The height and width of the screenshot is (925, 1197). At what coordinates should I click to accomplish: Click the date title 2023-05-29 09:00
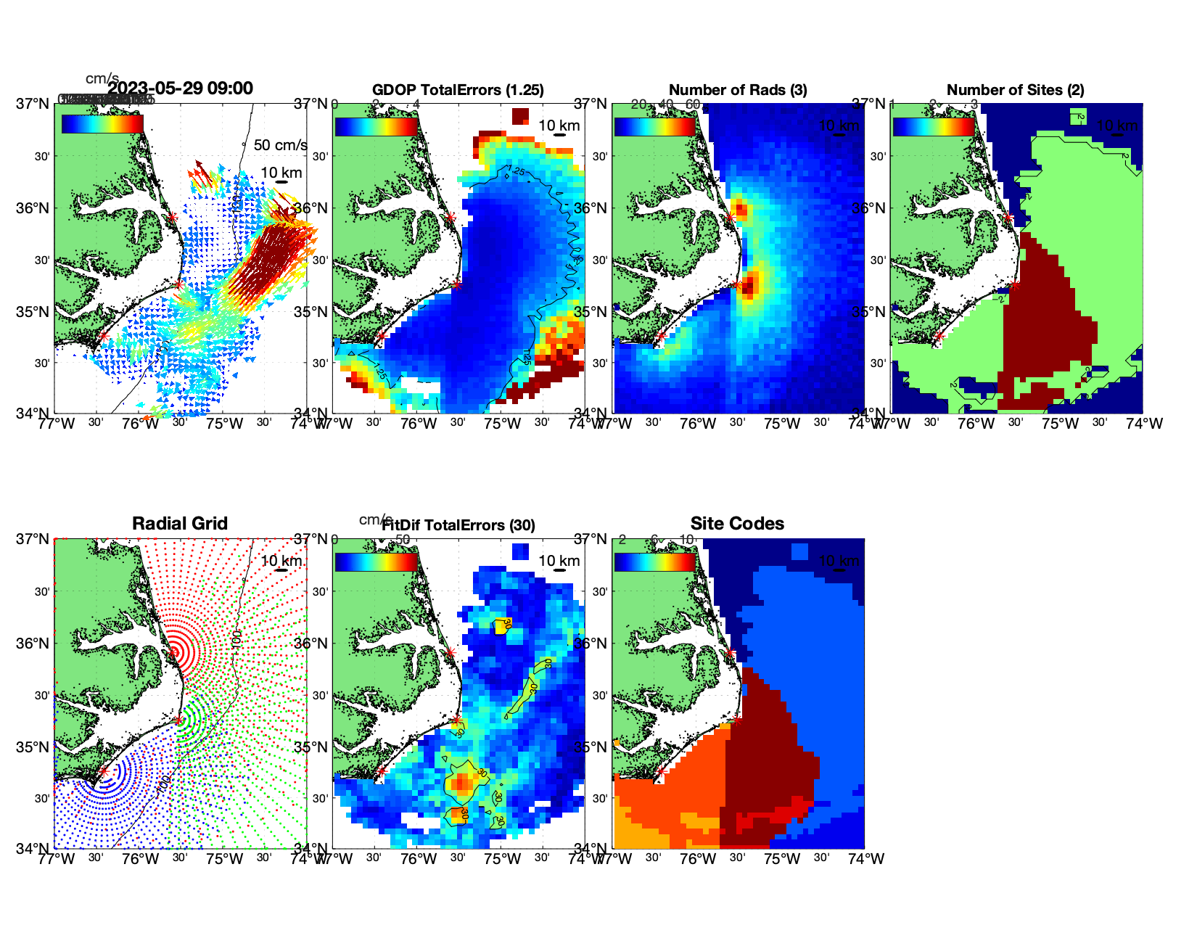point(180,89)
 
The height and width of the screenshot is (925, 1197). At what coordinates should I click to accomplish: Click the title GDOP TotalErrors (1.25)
point(458,90)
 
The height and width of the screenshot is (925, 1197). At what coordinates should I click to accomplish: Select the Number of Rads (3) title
point(738,90)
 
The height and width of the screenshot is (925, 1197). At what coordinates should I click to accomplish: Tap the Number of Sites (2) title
point(1015,90)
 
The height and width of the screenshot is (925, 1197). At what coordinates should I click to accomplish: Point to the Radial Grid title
point(180,524)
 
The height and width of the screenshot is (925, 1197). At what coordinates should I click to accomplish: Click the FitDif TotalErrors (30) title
point(458,525)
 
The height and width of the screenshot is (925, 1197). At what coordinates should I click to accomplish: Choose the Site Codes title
point(737,524)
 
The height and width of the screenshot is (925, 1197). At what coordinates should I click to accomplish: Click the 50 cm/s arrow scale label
point(280,145)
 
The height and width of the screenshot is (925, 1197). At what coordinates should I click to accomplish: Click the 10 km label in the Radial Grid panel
point(281,561)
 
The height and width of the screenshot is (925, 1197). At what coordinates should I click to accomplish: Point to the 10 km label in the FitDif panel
point(559,561)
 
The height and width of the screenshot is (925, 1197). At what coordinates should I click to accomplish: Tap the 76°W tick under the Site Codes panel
point(698,859)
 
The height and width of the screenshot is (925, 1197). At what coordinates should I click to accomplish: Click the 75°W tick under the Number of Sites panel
point(1060,424)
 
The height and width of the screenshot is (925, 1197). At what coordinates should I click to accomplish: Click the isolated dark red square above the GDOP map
point(520,116)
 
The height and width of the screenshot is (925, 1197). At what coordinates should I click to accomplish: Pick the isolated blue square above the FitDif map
point(520,551)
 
